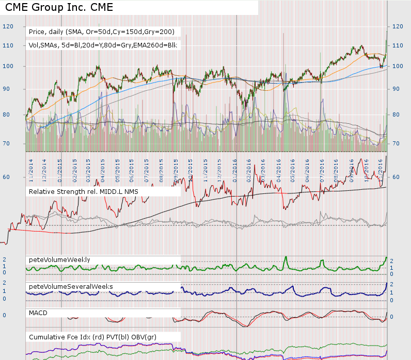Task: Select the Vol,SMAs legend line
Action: pyautogui.click(x=103, y=45)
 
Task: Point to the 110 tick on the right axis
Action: pyautogui.click(x=398, y=46)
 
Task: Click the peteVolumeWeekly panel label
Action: pyautogui.click(x=59, y=259)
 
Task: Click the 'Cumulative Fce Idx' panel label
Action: pyautogui.click(x=92, y=337)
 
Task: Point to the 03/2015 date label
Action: pyautogui.click(x=89, y=168)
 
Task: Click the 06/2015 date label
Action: pyautogui.click(x=133, y=168)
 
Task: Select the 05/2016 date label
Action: pyautogui.click(x=293, y=168)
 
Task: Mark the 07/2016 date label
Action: pyautogui.click(x=322, y=168)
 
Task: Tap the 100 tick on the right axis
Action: pyautogui.click(x=398, y=67)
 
